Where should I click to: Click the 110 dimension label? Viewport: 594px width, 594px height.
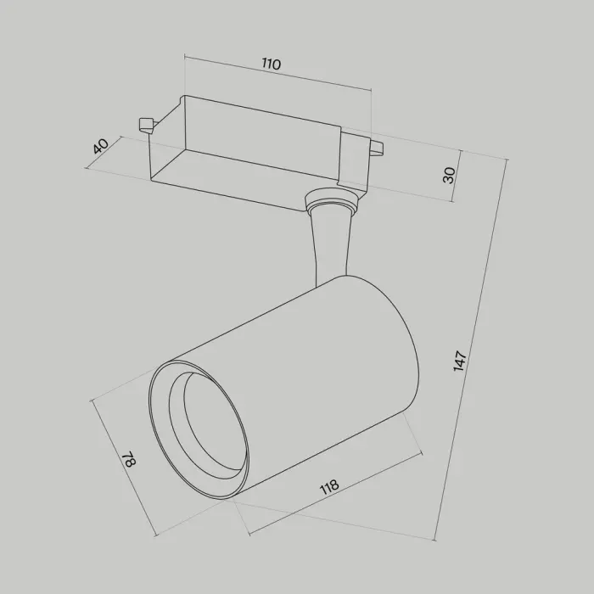pyautogui.click(x=272, y=64)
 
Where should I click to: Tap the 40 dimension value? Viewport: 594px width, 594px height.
pyautogui.click(x=101, y=146)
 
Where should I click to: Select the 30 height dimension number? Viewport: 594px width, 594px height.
pyautogui.click(x=449, y=175)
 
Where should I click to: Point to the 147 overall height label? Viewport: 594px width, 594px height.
pyautogui.click(x=460, y=361)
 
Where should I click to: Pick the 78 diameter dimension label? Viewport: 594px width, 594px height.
pyautogui.click(x=129, y=459)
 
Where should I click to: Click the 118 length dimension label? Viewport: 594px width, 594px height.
pyautogui.click(x=329, y=488)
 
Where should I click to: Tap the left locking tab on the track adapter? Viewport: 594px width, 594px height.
pyautogui.click(x=145, y=125)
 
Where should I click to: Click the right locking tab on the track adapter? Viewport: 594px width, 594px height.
pyautogui.click(x=377, y=147)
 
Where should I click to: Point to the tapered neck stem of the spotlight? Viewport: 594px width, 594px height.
pyautogui.click(x=329, y=246)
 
